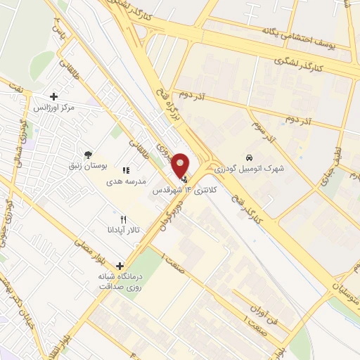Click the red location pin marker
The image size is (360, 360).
click(x=181, y=165)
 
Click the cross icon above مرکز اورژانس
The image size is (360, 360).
click(x=54, y=96)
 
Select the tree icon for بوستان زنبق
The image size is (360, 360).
click(x=87, y=154)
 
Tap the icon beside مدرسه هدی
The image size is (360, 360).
click(x=127, y=170)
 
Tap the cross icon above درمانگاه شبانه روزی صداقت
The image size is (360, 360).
click(x=120, y=266)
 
